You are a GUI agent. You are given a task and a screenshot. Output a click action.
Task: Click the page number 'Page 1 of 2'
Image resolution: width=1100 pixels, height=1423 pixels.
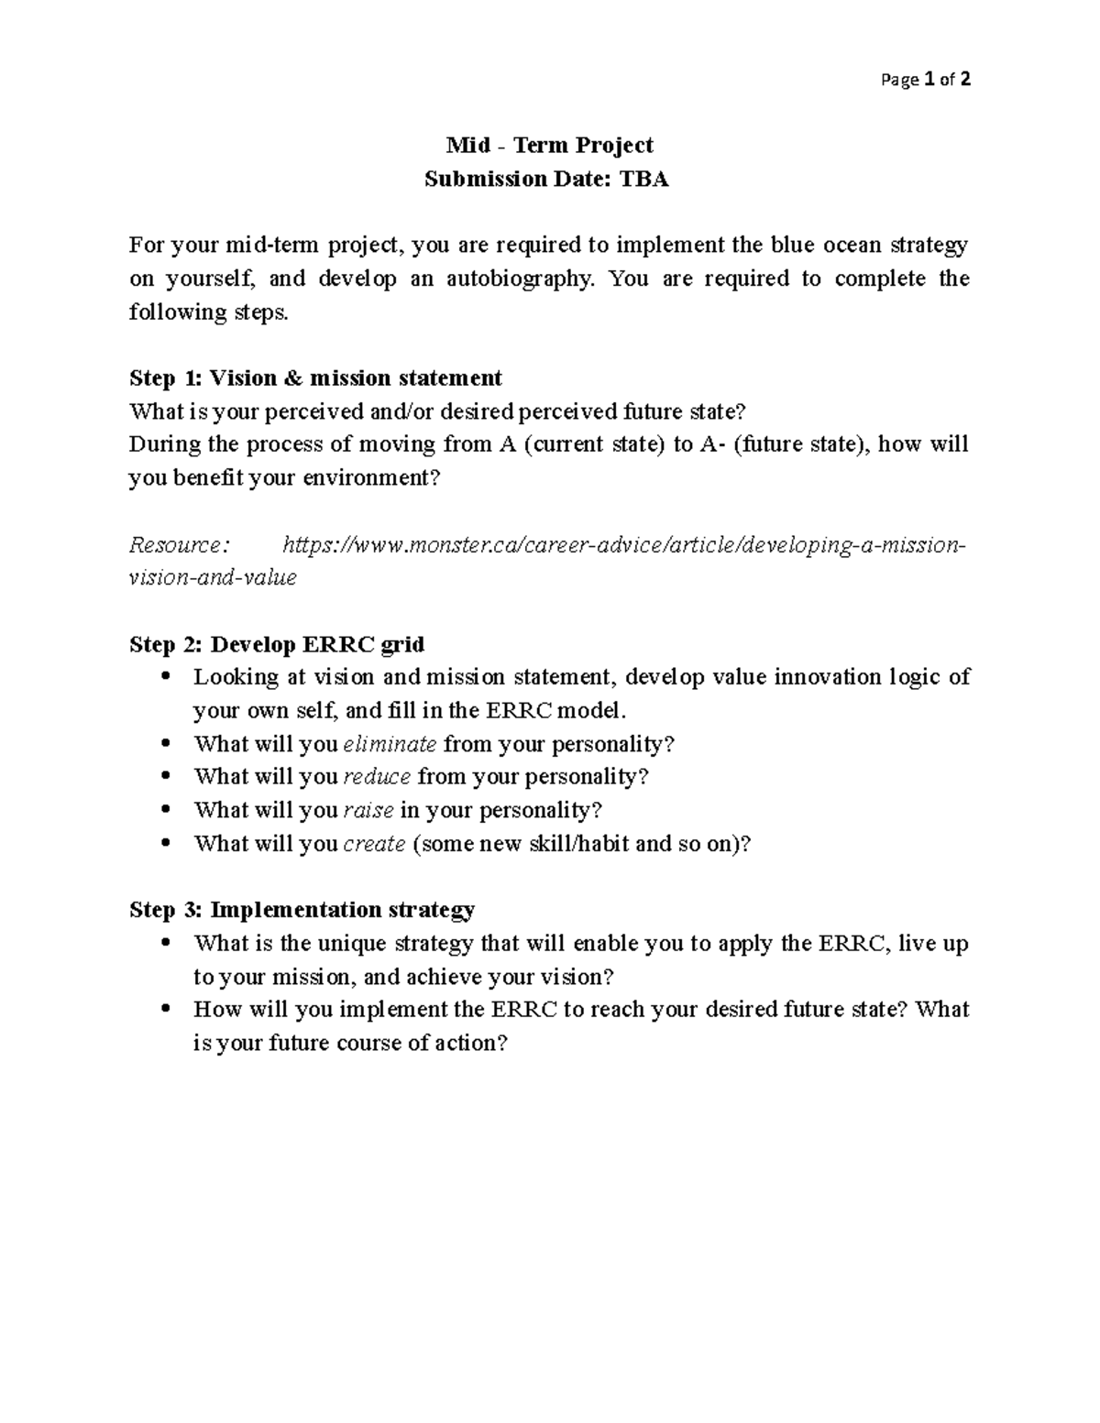click(925, 80)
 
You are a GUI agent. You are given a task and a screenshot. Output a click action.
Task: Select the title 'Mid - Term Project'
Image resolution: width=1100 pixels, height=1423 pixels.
click(549, 145)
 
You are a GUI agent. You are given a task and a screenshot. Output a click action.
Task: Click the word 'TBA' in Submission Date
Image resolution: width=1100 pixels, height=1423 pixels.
click(644, 179)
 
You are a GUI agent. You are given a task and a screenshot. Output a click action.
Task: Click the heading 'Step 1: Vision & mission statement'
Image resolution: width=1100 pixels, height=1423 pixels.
click(315, 378)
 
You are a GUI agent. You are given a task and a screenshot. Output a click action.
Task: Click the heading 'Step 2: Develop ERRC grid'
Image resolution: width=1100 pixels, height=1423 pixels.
click(277, 644)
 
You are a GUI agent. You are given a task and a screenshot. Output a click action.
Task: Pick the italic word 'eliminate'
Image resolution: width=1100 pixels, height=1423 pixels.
click(390, 743)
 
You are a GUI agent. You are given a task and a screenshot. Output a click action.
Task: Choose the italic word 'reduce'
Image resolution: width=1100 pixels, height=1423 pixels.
click(377, 777)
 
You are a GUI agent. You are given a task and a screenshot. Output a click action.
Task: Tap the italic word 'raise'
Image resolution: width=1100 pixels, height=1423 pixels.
click(368, 810)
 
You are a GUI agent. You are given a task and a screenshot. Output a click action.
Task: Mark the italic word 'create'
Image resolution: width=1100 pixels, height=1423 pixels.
click(374, 843)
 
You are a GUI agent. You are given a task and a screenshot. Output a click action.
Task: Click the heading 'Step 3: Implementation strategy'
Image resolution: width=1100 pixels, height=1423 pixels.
click(302, 910)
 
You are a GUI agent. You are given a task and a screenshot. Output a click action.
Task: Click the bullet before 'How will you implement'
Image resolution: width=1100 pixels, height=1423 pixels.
click(165, 1009)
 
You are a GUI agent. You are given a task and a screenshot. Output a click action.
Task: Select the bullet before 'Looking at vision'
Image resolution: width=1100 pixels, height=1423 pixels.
click(165, 677)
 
